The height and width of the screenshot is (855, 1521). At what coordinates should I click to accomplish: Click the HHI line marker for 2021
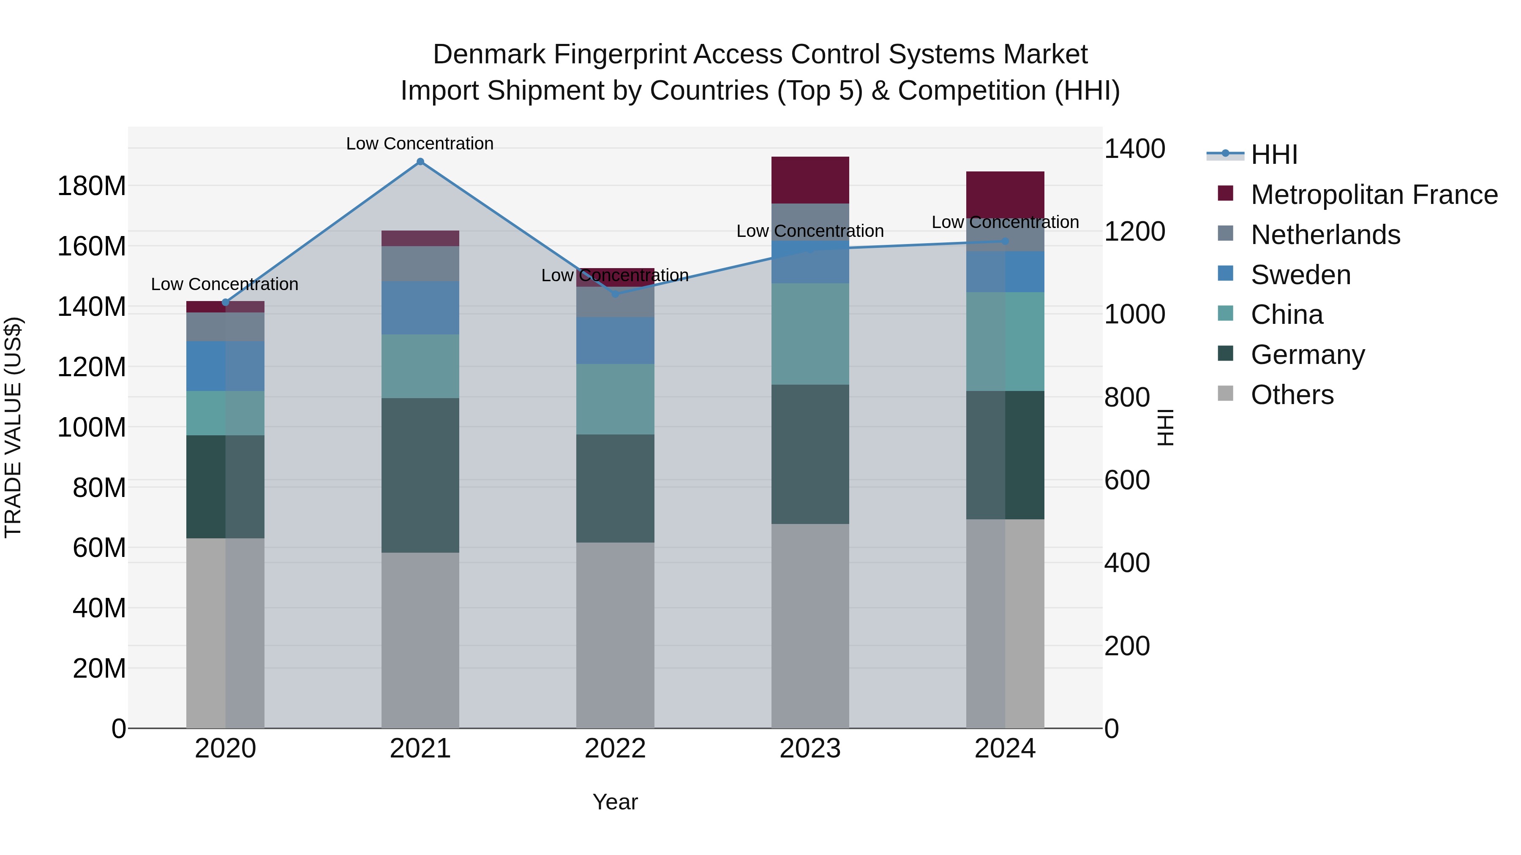pos(420,162)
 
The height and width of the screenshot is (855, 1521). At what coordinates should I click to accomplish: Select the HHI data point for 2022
pos(615,293)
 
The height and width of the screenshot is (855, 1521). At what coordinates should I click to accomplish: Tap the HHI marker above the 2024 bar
pos(1005,242)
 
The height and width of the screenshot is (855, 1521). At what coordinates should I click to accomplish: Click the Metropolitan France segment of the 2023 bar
pos(810,180)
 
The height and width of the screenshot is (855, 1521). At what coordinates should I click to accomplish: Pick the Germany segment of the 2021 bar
pos(420,475)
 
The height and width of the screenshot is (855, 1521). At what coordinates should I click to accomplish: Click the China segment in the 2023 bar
pos(810,334)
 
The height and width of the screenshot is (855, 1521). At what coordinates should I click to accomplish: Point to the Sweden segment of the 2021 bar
pos(420,308)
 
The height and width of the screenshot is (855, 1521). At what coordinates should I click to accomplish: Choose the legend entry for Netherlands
pos(1325,235)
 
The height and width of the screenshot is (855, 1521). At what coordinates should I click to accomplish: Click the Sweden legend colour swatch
pos(1225,274)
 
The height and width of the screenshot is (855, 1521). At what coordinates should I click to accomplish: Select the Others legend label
pos(1292,395)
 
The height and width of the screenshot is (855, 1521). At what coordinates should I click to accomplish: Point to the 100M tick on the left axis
pos(92,427)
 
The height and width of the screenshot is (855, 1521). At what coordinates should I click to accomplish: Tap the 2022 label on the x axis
pos(615,749)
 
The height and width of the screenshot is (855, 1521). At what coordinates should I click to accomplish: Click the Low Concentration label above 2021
pos(420,144)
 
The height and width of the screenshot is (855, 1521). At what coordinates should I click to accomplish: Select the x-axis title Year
pos(615,802)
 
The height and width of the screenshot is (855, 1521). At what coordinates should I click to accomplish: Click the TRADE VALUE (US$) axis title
pos(13,427)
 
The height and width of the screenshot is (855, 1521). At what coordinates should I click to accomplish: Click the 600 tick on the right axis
pos(1126,480)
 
